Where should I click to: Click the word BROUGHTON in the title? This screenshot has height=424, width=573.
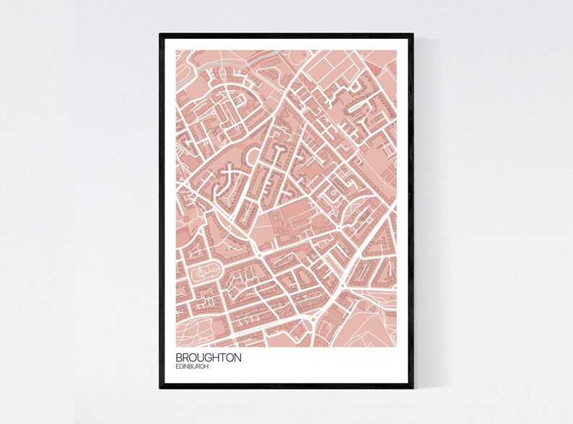click(208, 358)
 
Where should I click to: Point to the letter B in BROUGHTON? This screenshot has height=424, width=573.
click(178, 358)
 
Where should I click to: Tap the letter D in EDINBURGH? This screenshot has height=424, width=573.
click(181, 367)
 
